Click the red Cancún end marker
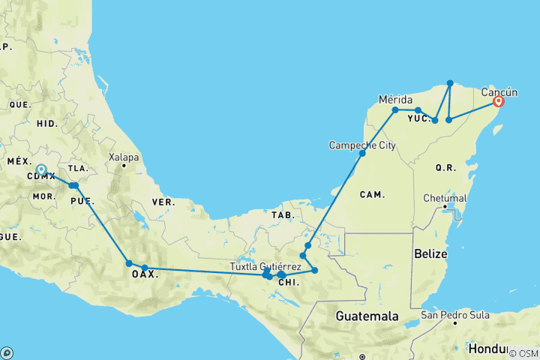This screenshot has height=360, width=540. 498,103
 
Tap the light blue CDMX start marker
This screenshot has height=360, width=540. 41,170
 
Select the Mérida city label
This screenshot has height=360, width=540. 396,99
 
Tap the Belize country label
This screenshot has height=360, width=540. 430,255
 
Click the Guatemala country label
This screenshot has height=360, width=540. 367,316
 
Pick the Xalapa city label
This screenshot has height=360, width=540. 124,157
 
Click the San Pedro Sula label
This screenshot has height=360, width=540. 454,315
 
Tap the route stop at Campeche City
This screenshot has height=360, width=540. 362,153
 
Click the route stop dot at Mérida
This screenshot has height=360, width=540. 395,110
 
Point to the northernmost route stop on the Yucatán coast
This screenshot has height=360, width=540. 450,82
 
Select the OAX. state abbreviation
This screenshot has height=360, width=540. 145,274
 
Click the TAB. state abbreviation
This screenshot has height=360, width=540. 283,214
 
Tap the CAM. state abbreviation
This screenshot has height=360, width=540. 372,194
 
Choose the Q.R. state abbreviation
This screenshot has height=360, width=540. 445,168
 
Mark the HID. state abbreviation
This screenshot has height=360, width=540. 46,122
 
